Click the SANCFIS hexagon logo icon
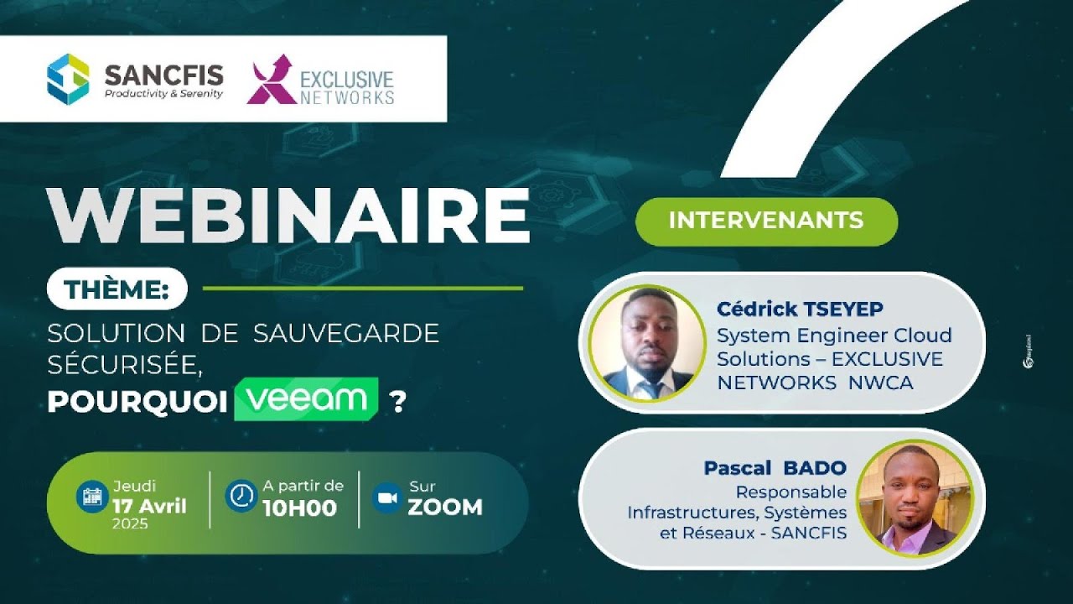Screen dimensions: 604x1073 point(68,79)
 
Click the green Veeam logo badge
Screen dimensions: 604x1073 point(306,399)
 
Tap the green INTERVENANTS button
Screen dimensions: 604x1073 point(766,221)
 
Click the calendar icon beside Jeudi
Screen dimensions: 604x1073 point(91,496)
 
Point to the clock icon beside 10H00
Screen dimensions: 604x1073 point(241,496)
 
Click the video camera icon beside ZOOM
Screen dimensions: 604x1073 point(386,497)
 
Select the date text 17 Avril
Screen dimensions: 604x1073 point(149,506)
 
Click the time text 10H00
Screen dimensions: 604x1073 point(299,508)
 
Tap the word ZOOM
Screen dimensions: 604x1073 point(445,508)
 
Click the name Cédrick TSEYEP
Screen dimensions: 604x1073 point(799,310)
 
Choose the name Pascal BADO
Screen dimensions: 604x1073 point(775,467)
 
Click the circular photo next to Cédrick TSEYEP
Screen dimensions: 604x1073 point(647,343)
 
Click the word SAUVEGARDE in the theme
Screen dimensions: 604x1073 point(346,333)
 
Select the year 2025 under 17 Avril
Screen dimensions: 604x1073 point(129,524)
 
